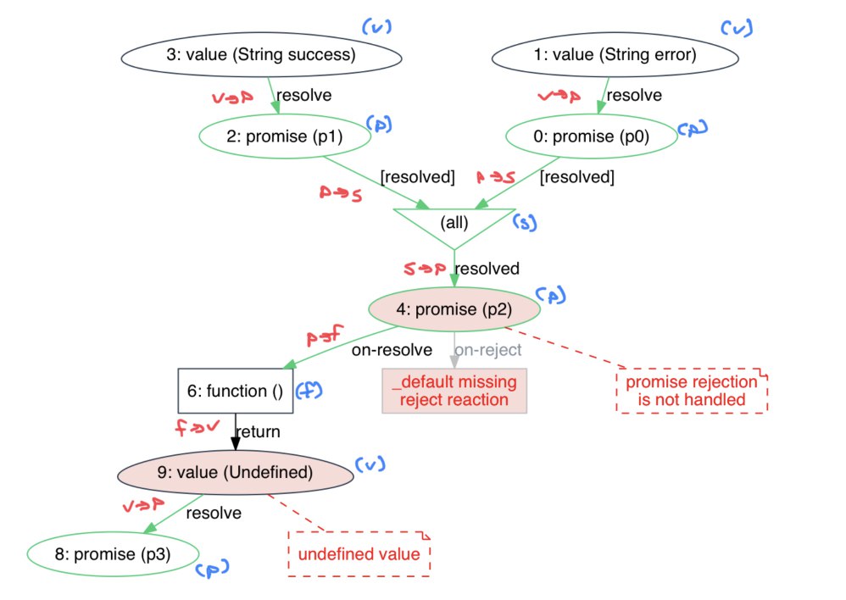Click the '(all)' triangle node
click(454, 225)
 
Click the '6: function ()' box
click(235, 390)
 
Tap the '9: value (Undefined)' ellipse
click(235, 471)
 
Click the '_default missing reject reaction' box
click(454, 391)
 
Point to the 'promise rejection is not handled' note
click(692, 391)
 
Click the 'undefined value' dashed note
click(359, 554)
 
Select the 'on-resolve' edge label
click(392, 349)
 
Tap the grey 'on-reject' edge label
click(487, 349)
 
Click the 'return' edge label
click(258, 431)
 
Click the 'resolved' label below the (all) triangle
click(487, 269)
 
